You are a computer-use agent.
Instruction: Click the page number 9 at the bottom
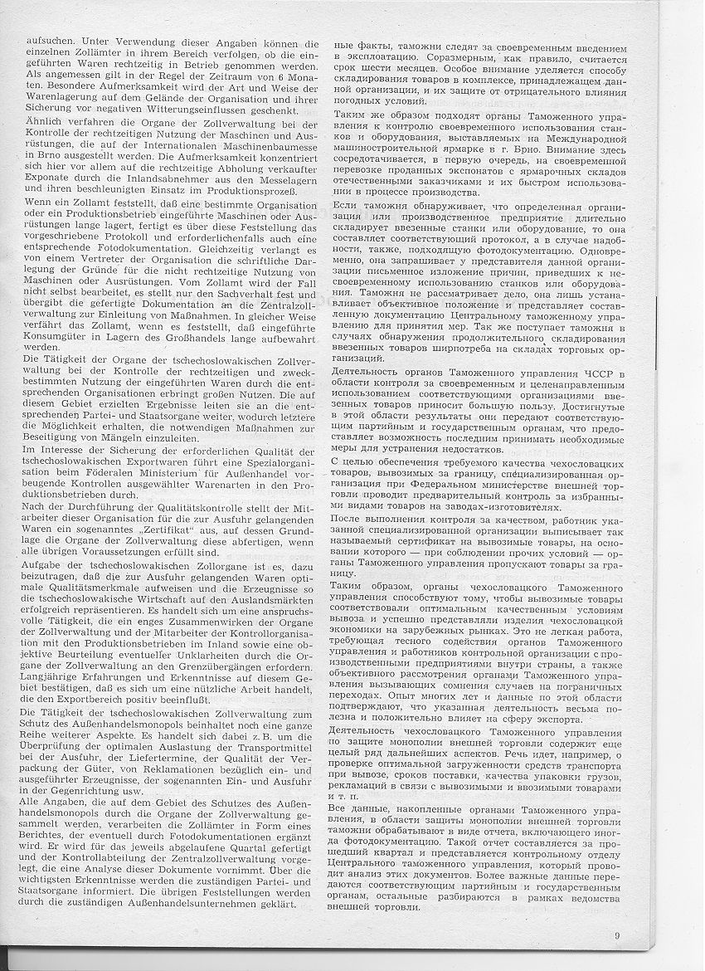[618, 914]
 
